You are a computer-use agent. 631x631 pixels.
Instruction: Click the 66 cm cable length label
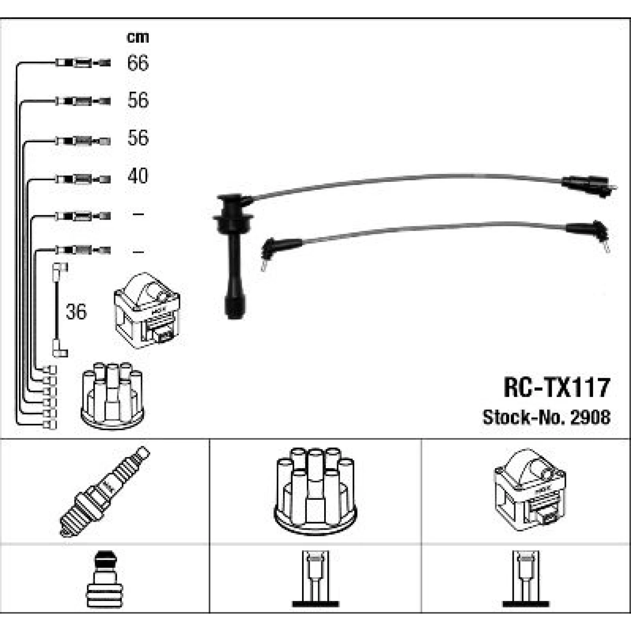click(x=138, y=63)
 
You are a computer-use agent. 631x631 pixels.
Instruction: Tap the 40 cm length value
click(x=138, y=175)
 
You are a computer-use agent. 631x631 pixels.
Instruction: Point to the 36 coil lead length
click(x=76, y=311)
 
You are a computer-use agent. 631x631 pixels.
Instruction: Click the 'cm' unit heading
click(x=138, y=37)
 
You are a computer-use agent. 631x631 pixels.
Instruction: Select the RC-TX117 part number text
click(x=557, y=387)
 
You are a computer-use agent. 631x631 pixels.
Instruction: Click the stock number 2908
click(x=590, y=417)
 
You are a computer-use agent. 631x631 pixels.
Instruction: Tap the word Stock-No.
click(x=524, y=417)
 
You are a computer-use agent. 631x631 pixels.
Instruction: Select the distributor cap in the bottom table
click(x=315, y=491)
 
